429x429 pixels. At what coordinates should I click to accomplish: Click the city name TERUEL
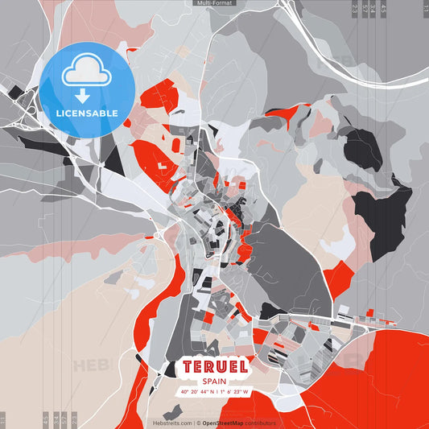click(x=213, y=367)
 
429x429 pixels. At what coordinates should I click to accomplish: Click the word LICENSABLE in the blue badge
click(x=88, y=113)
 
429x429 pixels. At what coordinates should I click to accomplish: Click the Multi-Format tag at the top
click(x=214, y=3)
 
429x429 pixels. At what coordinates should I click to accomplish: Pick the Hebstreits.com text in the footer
click(x=172, y=423)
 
